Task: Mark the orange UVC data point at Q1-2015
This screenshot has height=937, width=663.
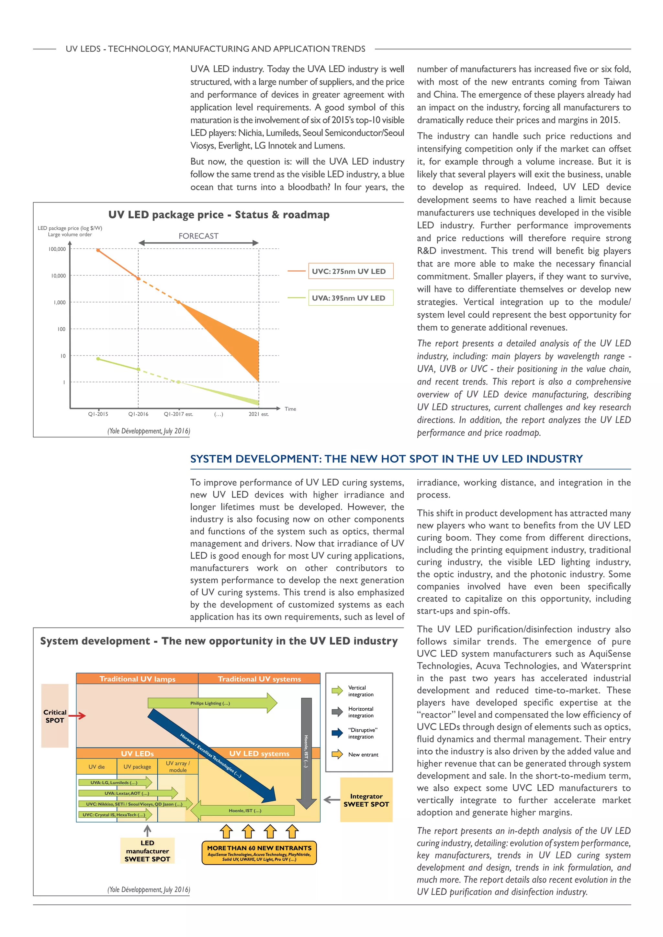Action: point(98,250)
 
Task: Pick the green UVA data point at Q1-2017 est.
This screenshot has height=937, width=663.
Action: point(178,382)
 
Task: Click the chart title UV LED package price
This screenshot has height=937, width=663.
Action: point(219,215)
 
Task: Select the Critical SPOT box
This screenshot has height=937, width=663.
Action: point(55,716)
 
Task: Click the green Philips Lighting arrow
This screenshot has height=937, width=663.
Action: point(210,703)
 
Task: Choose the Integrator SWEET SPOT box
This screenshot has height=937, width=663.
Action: point(366,800)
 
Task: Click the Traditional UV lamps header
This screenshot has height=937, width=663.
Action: point(137,679)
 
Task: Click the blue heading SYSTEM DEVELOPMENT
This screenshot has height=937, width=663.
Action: point(386,459)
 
